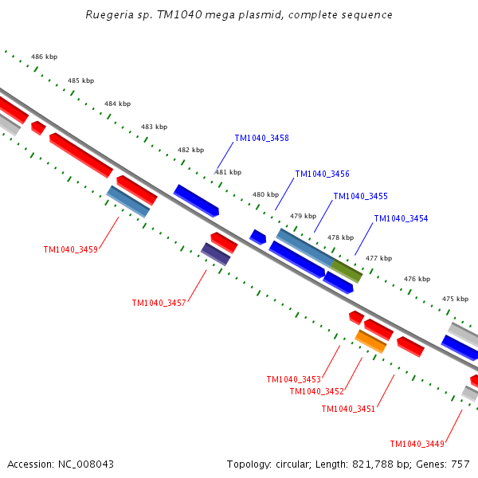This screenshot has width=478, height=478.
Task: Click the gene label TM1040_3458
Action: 261,139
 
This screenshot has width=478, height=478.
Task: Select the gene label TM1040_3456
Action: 322,174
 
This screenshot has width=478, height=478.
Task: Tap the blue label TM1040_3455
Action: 360,197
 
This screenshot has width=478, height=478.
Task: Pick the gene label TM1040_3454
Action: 401,219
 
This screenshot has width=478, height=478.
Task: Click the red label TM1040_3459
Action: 70,250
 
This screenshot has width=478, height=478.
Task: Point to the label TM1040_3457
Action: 159,304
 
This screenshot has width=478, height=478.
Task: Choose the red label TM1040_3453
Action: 293,380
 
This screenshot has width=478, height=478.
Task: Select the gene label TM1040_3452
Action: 316,392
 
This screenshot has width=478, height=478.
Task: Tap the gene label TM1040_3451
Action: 348,409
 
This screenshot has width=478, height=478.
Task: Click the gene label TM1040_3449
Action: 417,445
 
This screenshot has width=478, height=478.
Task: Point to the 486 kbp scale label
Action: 44,57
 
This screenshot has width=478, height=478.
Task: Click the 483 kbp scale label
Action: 154,127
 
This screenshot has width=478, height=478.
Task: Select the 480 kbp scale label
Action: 265,195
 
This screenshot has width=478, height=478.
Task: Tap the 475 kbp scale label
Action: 455,300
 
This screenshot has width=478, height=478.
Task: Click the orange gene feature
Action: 370,342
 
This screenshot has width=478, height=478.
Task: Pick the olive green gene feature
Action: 347,271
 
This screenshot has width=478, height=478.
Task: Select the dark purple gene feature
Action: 215,254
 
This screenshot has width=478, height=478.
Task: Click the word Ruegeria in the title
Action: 108,15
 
